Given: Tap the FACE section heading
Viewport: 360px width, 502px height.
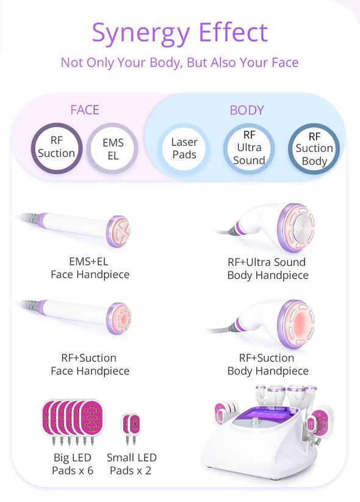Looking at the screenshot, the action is click(x=85, y=110).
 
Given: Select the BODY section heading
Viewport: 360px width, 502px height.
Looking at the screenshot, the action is click(x=247, y=110).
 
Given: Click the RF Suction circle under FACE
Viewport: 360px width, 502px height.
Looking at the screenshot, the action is click(x=57, y=148).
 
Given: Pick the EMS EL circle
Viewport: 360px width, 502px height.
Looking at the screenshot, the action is click(x=112, y=149).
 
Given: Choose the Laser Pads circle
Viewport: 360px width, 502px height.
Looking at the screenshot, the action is click(x=184, y=148).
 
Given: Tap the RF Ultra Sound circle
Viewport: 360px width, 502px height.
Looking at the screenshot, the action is click(x=249, y=149).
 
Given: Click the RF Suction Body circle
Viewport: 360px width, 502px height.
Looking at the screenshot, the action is click(x=314, y=149).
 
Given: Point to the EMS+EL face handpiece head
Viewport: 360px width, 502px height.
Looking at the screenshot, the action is click(x=118, y=231).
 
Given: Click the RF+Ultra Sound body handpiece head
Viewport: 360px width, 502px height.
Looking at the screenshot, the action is click(x=296, y=228).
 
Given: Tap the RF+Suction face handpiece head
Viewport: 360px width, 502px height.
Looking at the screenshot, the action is click(x=119, y=318).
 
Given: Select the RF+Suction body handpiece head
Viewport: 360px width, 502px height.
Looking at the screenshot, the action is click(x=296, y=324).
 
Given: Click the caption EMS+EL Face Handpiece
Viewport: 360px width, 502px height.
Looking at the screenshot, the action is click(x=90, y=268).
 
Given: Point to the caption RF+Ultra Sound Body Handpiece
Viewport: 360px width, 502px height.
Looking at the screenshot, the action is click(x=268, y=268).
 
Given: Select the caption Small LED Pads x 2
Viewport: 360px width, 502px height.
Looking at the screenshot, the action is click(x=131, y=464).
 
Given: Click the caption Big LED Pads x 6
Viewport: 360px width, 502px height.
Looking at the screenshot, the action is click(x=73, y=464).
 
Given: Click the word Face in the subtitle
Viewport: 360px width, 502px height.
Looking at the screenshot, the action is click(x=285, y=62).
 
